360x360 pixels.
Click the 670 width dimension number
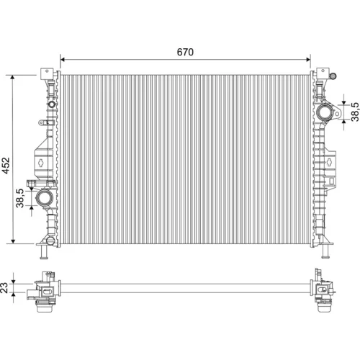(185, 52)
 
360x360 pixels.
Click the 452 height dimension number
(6, 166)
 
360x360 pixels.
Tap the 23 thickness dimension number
(4, 288)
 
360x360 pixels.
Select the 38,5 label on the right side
(355, 112)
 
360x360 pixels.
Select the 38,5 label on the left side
(20, 198)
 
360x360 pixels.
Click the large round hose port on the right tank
(325, 112)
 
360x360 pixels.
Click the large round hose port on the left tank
(45, 197)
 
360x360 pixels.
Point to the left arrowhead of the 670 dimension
(63, 60)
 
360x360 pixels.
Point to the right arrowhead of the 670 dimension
(308, 60)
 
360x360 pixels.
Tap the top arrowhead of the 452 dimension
(13, 77)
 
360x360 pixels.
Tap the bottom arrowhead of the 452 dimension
(13, 240)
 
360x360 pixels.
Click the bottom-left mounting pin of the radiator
(44, 252)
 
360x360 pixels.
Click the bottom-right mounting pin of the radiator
(325, 252)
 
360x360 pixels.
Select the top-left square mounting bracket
(47, 73)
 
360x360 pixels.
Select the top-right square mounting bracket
(323, 73)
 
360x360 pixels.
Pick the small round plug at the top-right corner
(333, 76)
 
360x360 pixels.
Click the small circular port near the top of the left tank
(52, 104)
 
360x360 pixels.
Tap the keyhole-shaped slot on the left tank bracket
(41, 163)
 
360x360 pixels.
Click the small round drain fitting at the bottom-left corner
(50, 240)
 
